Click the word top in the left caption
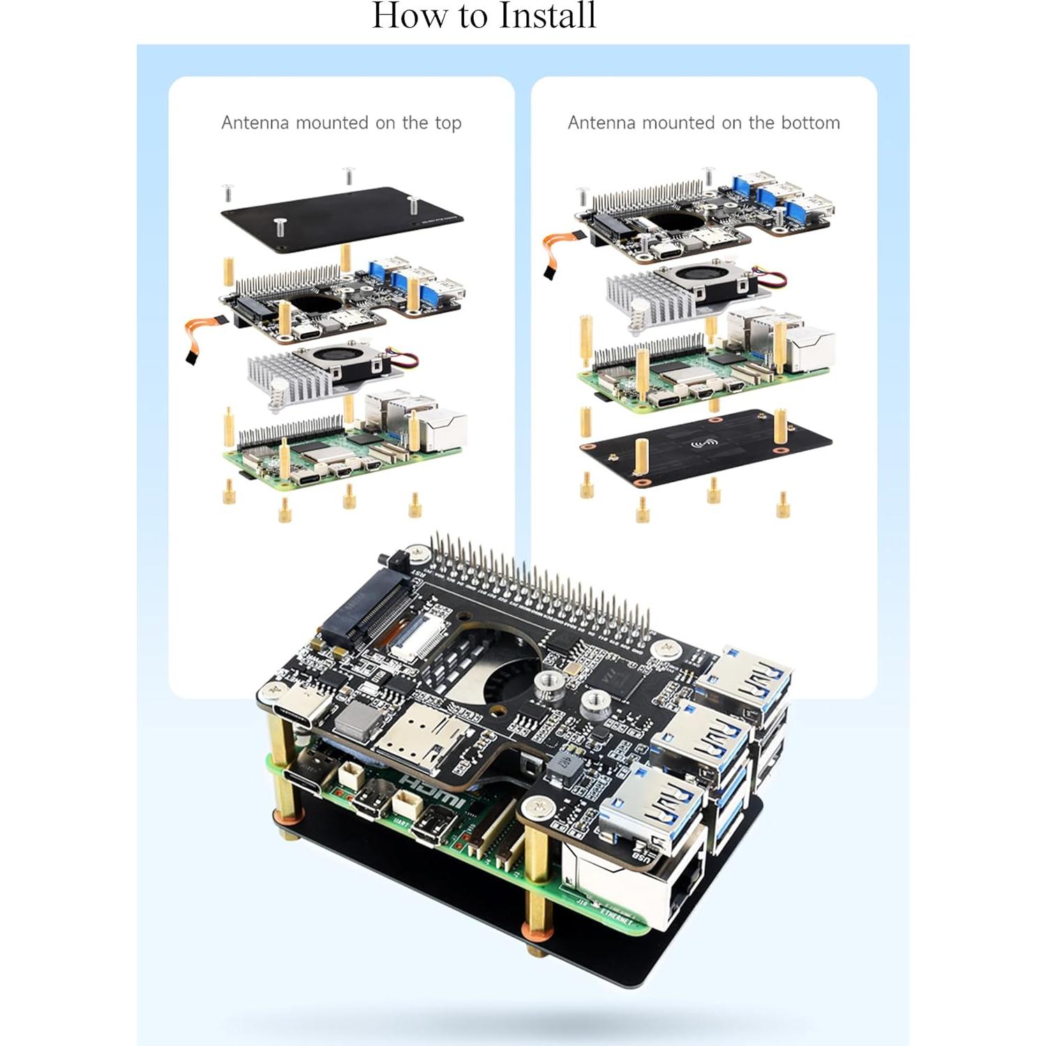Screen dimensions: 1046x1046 (447, 124)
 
